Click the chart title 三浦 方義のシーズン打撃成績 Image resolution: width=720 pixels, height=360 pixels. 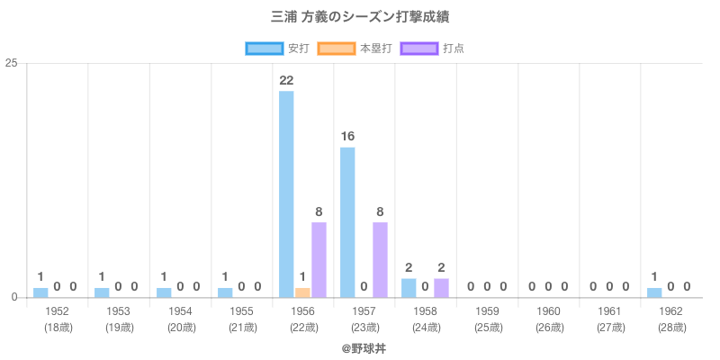coord(360,17)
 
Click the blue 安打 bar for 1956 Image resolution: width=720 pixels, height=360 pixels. coord(286,194)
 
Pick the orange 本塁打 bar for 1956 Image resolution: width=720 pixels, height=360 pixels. coord(302,292)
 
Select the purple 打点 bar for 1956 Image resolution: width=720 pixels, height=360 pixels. coord(319,260)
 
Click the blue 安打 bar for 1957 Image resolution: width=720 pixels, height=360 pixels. coord(347,222)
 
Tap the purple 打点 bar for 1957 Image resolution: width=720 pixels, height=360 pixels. coord(380,260)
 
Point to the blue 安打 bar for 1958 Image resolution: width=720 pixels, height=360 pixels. coord(409,288)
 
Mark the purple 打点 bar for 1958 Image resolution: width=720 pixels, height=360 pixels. coord(441,288)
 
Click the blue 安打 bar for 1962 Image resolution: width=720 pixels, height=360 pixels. coord(654,292)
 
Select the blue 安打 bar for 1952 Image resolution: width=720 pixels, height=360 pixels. coord(40,292)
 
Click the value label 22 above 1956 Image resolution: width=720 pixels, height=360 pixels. coord(286,81)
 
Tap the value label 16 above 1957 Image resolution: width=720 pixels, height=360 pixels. coord(347,137)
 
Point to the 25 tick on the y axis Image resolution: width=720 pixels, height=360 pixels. coord(12,63)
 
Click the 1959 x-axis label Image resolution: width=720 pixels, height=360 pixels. coord(487,311)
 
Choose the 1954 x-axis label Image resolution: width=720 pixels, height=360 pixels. coord(180,311)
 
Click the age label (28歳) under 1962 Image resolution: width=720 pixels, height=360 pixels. coord(670,327)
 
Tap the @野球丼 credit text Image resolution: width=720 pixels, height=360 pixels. coord(360,346)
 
